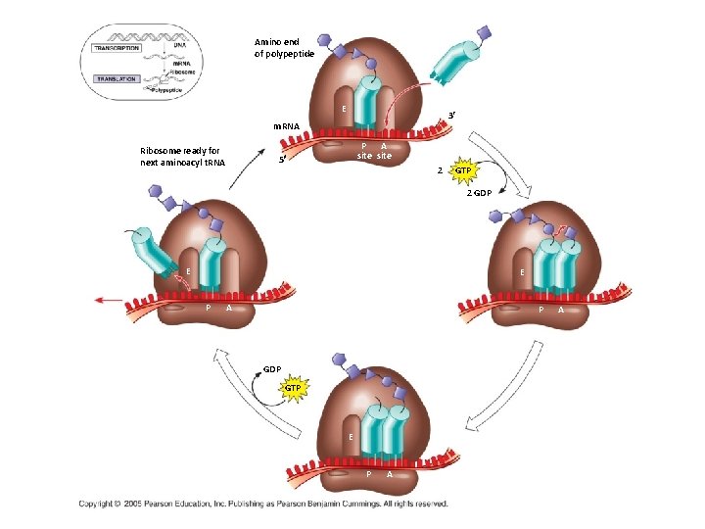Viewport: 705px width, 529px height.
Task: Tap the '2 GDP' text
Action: coord(479,194)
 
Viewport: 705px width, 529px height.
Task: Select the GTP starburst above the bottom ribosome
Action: coord(293,389)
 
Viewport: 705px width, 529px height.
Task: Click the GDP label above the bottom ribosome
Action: coord(271,369)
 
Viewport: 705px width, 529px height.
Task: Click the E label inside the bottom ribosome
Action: coord(350,435)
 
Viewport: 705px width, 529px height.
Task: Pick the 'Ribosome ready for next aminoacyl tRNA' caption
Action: coord(182,156)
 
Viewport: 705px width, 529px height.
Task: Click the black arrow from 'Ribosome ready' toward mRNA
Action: coord(250,162)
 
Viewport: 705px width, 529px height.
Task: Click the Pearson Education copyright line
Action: coord(263,505)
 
